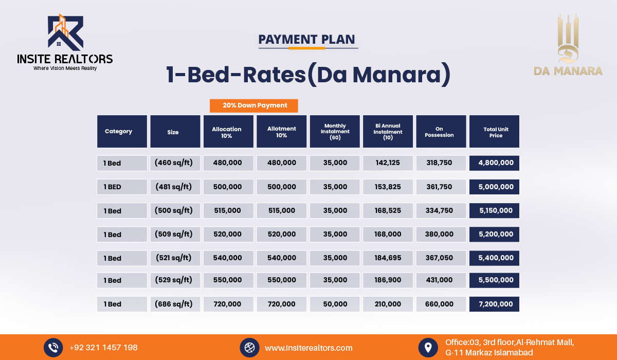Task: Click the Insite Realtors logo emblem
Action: point(66,32)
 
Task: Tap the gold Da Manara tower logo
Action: point(568,38)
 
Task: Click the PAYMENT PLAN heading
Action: point(306,40)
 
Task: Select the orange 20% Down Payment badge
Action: point(253,106)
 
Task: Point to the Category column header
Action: point(122,131)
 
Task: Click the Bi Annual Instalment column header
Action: point(388,131)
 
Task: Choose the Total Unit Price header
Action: point(494,131)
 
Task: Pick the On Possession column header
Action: point(441,131)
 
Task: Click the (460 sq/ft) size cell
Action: point(175,163)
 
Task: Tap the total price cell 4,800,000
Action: point(494,163)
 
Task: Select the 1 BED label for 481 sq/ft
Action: point(122,187)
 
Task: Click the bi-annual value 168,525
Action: point(388,210)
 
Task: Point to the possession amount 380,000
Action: point(441,234)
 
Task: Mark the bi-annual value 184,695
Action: point(388,258)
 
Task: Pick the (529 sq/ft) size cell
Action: point(175,280)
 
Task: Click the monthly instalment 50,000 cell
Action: point(335,304)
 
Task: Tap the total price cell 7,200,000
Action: point(494,304)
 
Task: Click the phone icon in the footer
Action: point(53,348)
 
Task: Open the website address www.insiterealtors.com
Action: point(308,348)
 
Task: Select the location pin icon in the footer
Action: point(428,348)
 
